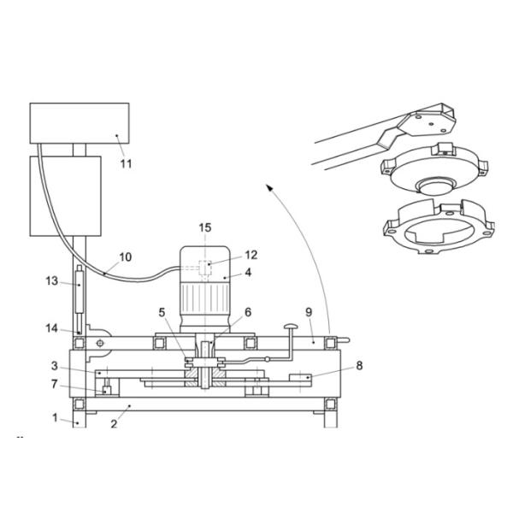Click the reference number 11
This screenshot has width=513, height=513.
tap(126, 162)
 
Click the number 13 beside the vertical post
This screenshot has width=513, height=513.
tap(52, 280)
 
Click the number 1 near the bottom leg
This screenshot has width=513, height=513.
tap(53, 419)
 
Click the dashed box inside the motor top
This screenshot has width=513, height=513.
tap(204, 266)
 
